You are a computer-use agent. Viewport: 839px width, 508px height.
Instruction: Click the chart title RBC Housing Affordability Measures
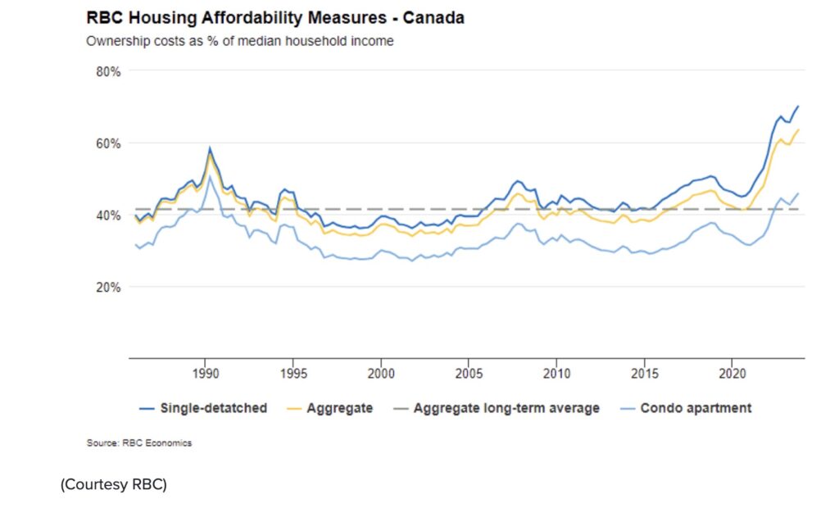[x=274, y=17]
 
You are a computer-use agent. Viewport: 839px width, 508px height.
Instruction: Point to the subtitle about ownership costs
[x=239, y=41]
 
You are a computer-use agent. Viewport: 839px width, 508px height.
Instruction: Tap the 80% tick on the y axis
[x=108, y=71]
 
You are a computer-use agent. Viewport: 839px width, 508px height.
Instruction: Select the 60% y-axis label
[x=108, y=143]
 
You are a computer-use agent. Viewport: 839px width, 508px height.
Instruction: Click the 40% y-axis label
[x=108, y=215]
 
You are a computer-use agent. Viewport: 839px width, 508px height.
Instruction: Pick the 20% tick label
[x=108, y=288]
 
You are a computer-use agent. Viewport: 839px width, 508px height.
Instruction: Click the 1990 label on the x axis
[x=205, y=374]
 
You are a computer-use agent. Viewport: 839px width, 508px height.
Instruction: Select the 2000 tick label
[x=380, y=374]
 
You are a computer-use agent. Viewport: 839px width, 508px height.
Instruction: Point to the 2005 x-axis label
[x=468, y=374]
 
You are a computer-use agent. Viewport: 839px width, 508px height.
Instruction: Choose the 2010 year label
[x=556, y=374]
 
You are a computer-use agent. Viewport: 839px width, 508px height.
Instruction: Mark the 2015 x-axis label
[x=644, y=374]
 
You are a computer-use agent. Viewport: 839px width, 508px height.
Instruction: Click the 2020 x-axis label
[x=732, y=374]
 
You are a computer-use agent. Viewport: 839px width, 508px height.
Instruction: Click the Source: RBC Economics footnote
[x=138, y=443]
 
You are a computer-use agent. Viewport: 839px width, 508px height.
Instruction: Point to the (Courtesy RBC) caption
[x=113, y=485]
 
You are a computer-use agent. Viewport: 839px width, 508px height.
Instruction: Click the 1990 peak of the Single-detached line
[x=210, y=148]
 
